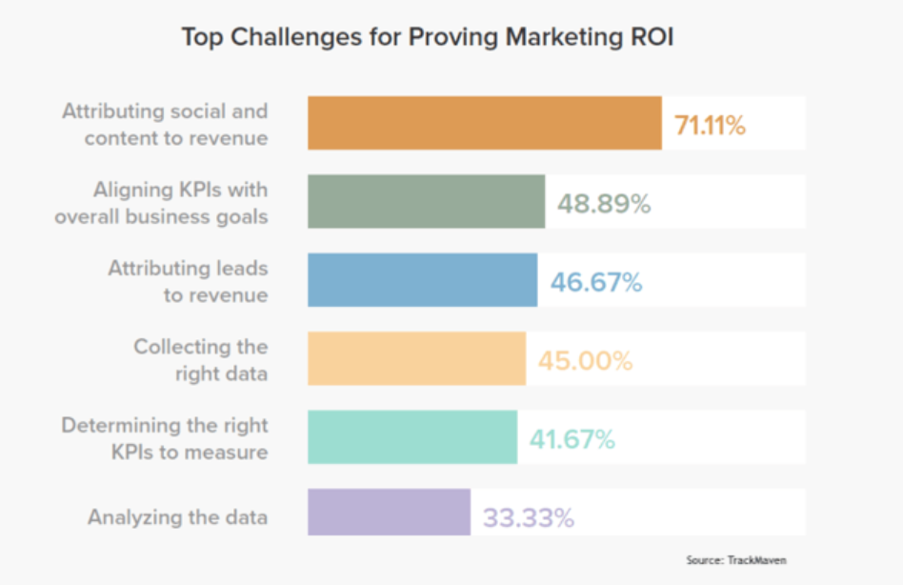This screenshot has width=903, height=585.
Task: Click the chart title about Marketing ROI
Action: click(x=428, y=39)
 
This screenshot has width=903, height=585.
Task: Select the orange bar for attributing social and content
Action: click(x=484, y=123)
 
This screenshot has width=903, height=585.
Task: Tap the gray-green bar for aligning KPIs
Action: click(x=426, y=201)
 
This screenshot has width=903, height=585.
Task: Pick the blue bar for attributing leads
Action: click(x=422, y=280)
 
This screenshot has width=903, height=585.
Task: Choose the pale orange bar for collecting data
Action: click(x=416, y=359)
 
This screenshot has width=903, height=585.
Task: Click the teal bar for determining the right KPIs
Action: click(x=411, y=437)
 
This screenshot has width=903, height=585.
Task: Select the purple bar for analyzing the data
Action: click(x=389, y=513)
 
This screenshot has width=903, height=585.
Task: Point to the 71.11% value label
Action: click(x=710, y=125)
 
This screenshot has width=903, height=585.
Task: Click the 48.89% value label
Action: click(x=604, y=203)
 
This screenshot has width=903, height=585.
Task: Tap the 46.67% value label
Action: click(x=596, y=282)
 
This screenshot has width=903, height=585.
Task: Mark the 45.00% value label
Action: click(x=585, y=361)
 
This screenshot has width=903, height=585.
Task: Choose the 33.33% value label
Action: click(x=528, y=518)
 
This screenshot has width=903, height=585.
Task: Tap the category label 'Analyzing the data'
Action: click(x=177, y=517)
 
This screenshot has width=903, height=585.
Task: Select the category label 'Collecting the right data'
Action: click(x=201, y=359)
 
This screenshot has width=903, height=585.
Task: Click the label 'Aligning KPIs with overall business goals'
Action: click(x=161, y=202)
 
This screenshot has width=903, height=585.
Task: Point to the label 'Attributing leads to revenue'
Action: click(x=188, y=281)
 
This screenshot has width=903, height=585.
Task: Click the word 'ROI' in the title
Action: click(x=651, y=39)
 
